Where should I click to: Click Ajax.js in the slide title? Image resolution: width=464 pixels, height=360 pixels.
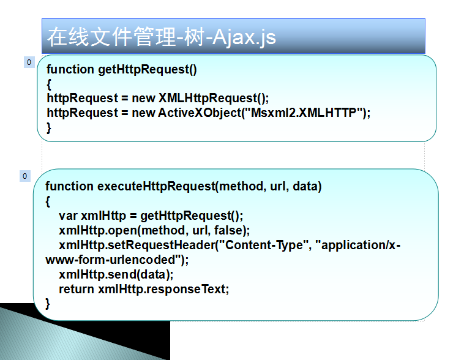click(x=244, y=37)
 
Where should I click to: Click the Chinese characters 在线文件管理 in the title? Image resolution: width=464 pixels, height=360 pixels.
click(x=111, y=37)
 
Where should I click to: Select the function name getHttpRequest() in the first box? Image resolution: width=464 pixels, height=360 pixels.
click(x=148, y=70)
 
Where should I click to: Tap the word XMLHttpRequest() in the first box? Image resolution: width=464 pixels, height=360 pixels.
click(x=214, y=99)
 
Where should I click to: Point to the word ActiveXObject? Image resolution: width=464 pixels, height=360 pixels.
click(x=200, y=113)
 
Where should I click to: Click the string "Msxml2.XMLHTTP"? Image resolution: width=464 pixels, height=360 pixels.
click(x=304, y=113)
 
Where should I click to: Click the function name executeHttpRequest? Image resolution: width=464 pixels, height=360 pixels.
click(x=156, y=187)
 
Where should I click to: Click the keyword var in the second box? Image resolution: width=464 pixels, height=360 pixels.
click(x=68, y=216)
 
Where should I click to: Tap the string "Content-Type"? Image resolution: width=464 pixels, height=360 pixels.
click(x=264, y=245)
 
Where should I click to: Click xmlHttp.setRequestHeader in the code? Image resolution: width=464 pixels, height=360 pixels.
click(x=137, y=245)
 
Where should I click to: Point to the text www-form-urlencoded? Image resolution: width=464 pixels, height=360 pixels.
click(x=110, y=260)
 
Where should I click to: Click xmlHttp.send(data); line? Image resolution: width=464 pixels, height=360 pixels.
click(x=116, y=274)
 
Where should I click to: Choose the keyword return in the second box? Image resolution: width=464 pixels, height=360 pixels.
click(x=77, y=289)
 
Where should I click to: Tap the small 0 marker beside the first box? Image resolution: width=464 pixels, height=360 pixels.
click(x=29, y=62)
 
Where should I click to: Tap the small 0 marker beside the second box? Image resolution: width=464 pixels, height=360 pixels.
click(x=25, y=176)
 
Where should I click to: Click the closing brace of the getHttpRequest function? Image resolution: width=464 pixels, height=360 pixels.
click(x=49, y=128)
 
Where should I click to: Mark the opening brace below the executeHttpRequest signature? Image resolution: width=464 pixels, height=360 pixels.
click(x=48, y=201)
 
